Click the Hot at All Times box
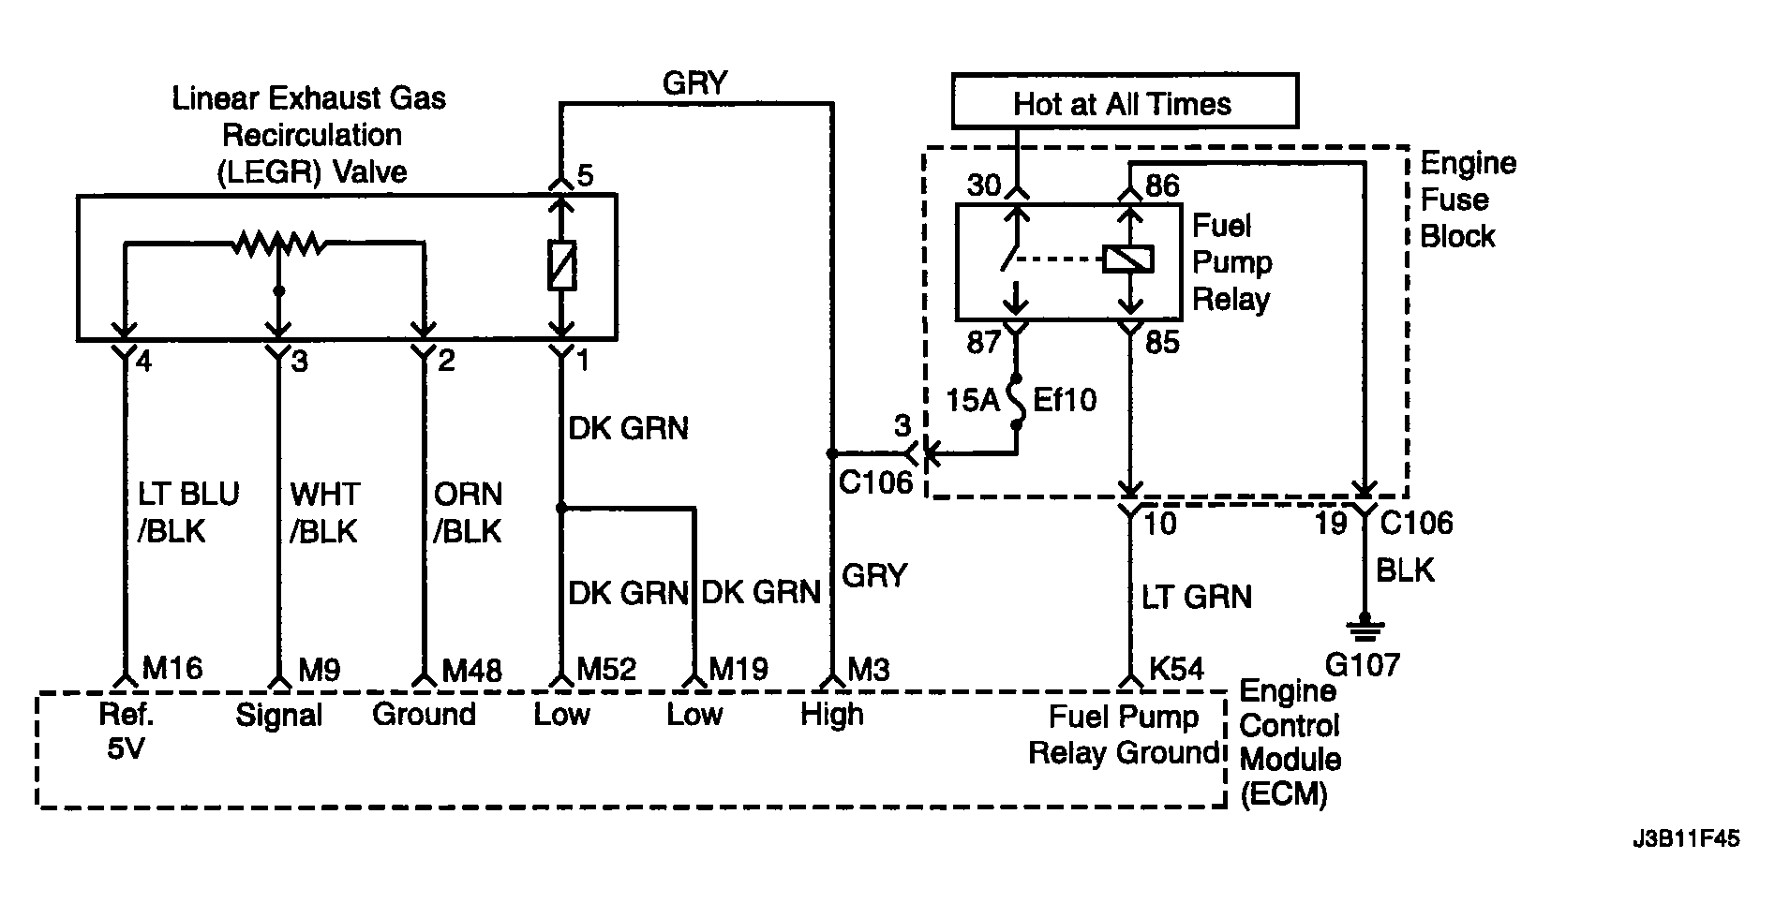[1125, 101]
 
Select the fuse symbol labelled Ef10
[1017, 401]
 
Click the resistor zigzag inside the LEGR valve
[279, 244]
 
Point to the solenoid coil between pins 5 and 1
[561, 265]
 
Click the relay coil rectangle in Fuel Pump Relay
[1128, 259]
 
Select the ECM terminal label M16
[172, 669]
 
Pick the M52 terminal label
[606, 669]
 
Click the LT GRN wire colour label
[1196, 597]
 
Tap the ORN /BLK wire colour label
[467, 512]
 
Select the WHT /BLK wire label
[323, 512]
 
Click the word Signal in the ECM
[278, 716]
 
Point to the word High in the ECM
[832, 715]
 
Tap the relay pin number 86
[1162, 185]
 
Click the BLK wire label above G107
[1405, 570]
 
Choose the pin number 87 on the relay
[984, 343]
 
